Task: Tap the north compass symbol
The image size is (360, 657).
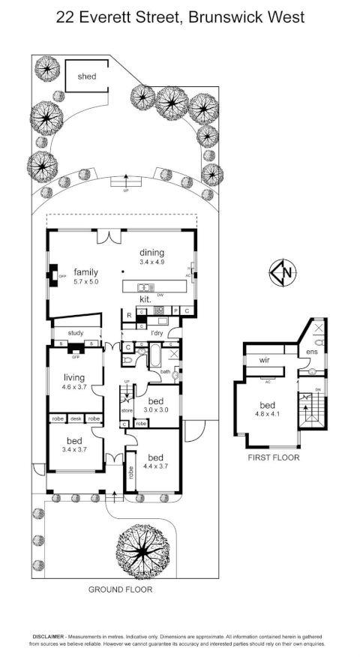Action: click(x=281, y=273)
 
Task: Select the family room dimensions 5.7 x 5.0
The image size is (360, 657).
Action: click(x=86, y=282)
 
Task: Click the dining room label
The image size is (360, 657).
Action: click(x=151, y=253)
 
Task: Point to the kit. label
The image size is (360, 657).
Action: click(x=146, y=299)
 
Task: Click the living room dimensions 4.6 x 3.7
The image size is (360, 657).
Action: click(x=75, y=388)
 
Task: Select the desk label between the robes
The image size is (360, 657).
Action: click(x=76, y=418)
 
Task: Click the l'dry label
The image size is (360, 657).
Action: click(x=157, y=332)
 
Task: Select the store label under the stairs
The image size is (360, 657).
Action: click(x=127, y=410)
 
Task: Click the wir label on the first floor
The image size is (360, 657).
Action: click(x=264, y=360)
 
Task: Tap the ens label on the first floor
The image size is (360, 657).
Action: click(x=312, y=352)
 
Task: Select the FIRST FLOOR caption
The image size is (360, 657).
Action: click(x=273, y=457)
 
